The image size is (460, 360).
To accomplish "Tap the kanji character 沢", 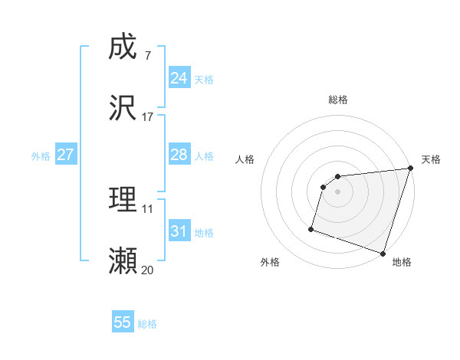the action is (x=123, y=108).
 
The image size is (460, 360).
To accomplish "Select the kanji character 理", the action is (x=123, y=200).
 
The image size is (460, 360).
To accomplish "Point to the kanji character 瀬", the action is (x=123, y=261).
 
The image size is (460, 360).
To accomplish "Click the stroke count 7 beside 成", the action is (x=147, y=55).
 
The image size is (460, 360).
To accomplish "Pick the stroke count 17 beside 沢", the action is (x=147, y=117).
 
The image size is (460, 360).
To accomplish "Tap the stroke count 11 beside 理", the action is (x=147, y=208).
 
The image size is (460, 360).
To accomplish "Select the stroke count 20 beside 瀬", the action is (x=147, y=270).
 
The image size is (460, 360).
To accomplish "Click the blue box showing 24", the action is (x=179, y=78).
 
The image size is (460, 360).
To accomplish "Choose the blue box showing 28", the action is (x=179, y=155).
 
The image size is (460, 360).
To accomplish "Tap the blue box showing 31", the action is (x=179, y=231).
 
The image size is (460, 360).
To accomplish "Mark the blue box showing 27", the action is (x=65, y=155).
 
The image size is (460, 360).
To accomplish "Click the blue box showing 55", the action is (x=123, y=322).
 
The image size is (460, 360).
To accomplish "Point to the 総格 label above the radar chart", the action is (x=338, y=100).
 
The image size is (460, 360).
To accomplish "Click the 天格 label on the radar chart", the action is (x=431, y=160).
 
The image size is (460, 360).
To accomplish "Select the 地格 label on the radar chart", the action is (x=402, y=262).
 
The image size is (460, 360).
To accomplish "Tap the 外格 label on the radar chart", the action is (x=270, y=262).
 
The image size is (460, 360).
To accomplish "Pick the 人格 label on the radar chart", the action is (x=245, y=160).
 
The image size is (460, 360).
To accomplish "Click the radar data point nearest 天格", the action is (x=410, y=169).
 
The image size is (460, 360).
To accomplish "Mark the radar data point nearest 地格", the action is (x=383, y=253).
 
